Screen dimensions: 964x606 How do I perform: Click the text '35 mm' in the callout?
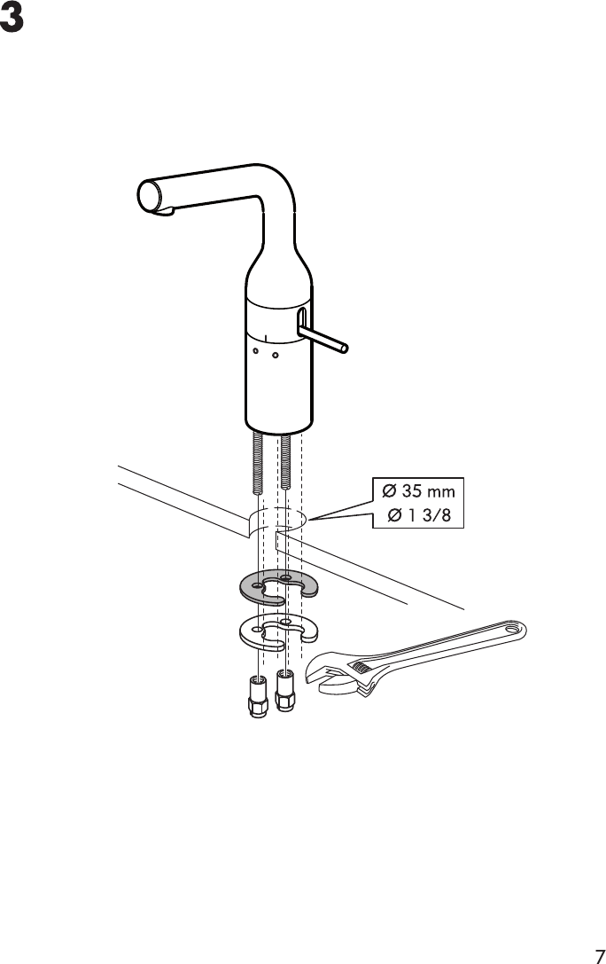(426, 491)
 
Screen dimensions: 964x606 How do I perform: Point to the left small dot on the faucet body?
(255, 351)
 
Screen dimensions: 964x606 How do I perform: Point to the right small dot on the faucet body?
(276, 357)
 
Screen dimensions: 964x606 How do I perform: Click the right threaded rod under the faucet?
(285, 461)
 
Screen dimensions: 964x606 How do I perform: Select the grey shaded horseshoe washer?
(257, 586)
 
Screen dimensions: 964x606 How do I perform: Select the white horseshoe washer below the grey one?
(257, 632)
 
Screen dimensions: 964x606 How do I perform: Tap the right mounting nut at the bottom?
(284, 691)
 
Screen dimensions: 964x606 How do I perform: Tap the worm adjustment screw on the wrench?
(361, 667)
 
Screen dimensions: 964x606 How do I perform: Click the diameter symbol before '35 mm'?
(389, 491)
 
